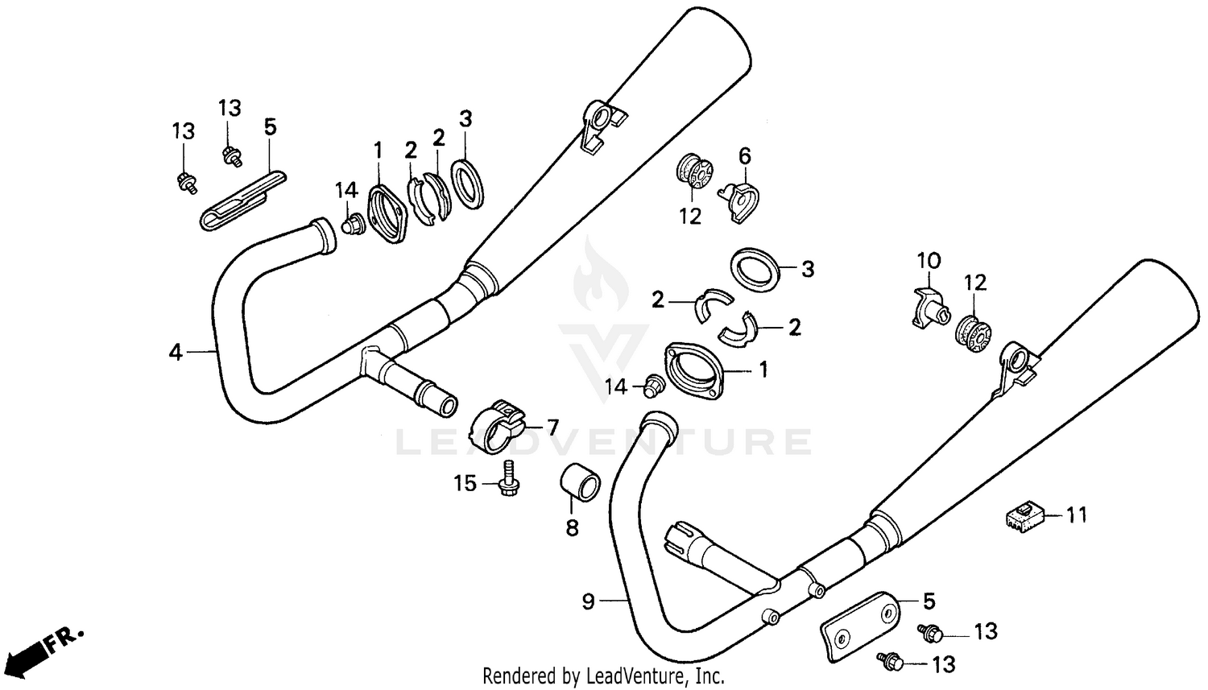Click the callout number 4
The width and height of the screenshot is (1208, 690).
(x=176, y=352)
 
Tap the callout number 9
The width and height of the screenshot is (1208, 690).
(x=588, y=601)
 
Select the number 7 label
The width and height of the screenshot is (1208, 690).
(x=552, y=427)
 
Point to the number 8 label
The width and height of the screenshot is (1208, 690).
(x=572, y=529)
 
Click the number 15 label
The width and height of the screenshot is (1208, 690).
(x=465, y=483)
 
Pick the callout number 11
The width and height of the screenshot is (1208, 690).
(x=1077, y=514)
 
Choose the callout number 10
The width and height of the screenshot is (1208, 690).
(x=929, y=261)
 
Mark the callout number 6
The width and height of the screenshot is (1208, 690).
(x=745, y=155)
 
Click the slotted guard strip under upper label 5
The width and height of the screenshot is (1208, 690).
(x=242, y=200)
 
